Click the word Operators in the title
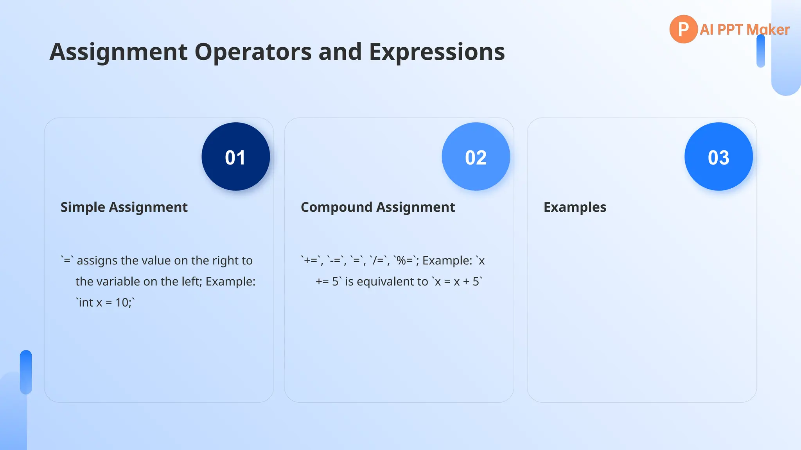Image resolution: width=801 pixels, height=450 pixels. tap(253, 52)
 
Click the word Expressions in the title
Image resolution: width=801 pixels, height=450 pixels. tap(436, 52)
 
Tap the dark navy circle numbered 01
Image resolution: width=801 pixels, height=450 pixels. tap(235, 157)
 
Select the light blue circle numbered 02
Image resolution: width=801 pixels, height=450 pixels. tap(476, 157)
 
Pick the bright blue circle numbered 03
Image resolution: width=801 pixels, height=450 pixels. tap(718, 157)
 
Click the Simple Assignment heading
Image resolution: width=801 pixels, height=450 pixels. tap(124, 207)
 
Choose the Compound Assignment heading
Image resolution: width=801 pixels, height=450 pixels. tap(377, 207)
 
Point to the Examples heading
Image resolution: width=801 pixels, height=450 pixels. tap(575, 207)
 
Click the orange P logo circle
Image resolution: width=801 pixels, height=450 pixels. tap(683, 29)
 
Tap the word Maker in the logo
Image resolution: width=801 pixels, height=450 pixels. tap(768, 30)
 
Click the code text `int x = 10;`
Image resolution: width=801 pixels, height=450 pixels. tap(105, 302)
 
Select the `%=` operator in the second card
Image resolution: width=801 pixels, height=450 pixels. tap(405, 261)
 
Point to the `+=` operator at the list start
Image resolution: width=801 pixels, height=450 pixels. tap(311, 261)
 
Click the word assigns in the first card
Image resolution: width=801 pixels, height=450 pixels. tap(97, 261)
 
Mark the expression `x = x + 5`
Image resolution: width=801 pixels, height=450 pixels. tap(457, 282)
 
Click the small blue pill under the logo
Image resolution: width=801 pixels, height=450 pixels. tap(760, 51)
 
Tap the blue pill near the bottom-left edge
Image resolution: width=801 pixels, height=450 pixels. tap(26, 372)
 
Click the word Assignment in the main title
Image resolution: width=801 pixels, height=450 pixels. tap(119, 52)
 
